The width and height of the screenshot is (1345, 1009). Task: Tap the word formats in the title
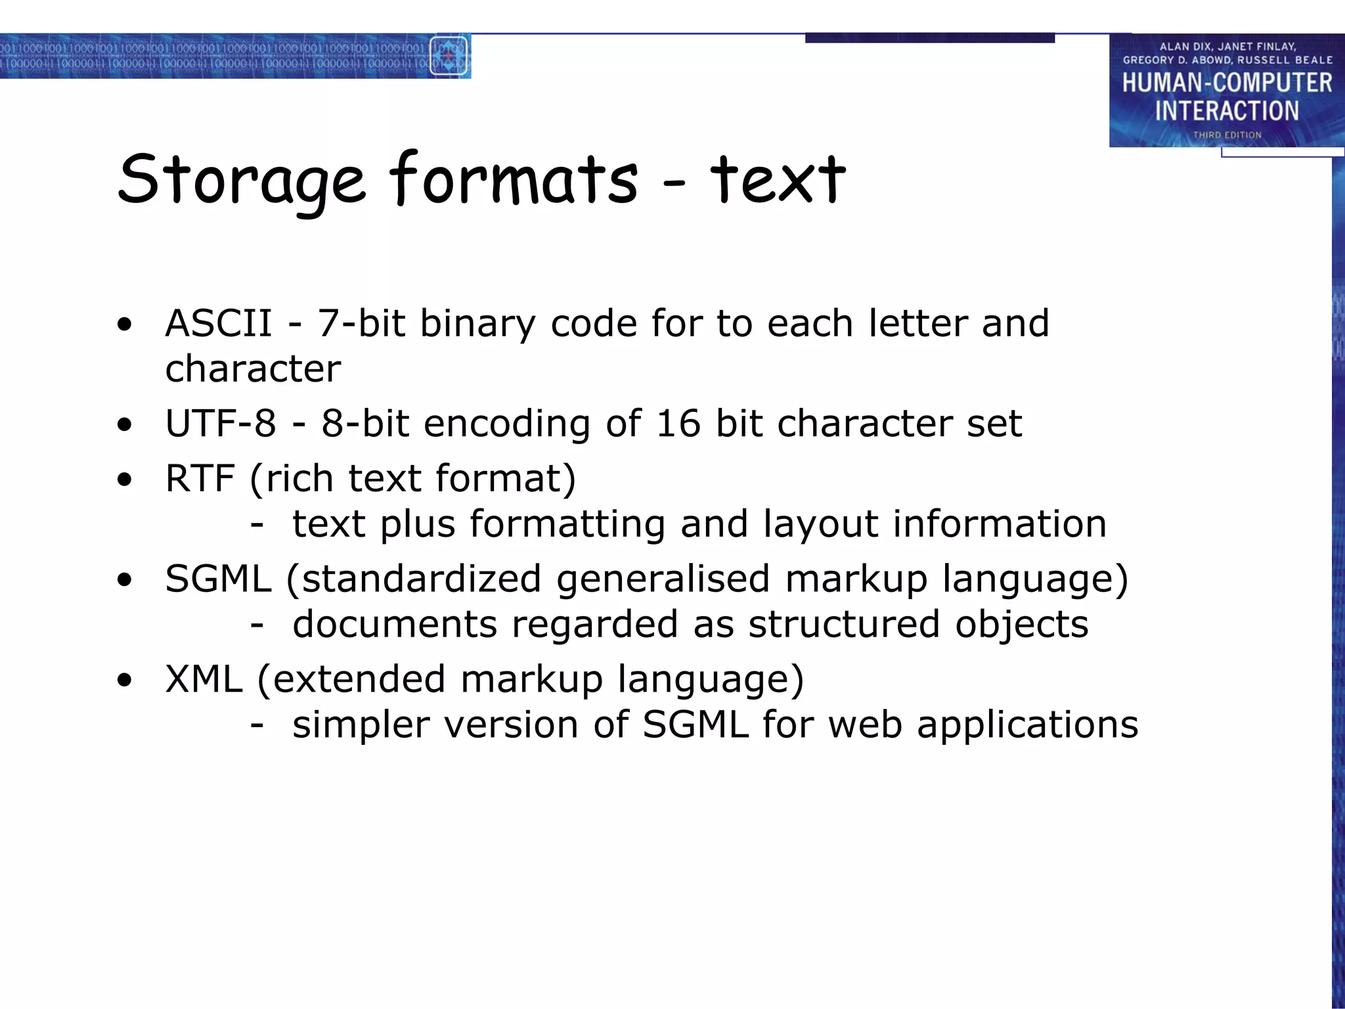[514, 179]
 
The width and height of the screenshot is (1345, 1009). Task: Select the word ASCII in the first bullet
[219, 323]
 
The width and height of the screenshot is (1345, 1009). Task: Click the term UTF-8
[221, 423]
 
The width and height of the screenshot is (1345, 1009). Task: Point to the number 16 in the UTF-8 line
[678, 423]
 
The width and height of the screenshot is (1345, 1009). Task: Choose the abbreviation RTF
[200, 478]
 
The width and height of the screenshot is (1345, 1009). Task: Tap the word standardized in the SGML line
[421, 579]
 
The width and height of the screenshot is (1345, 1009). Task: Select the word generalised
[663, 579]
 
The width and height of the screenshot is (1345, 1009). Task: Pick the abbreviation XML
[204, 679]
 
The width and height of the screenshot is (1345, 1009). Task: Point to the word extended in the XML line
[359, 679]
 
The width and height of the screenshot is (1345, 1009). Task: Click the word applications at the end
[1027, 725]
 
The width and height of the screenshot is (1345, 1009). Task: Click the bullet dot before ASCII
[124, 325]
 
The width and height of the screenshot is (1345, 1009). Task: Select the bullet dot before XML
[124, 681]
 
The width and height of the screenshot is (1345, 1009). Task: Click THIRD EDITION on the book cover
[1227, 135]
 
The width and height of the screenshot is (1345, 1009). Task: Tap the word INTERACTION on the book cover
[1227, 111]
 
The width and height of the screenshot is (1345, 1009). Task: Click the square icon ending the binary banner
[449, 56]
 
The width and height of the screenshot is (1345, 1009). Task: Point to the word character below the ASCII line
[253, 369]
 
